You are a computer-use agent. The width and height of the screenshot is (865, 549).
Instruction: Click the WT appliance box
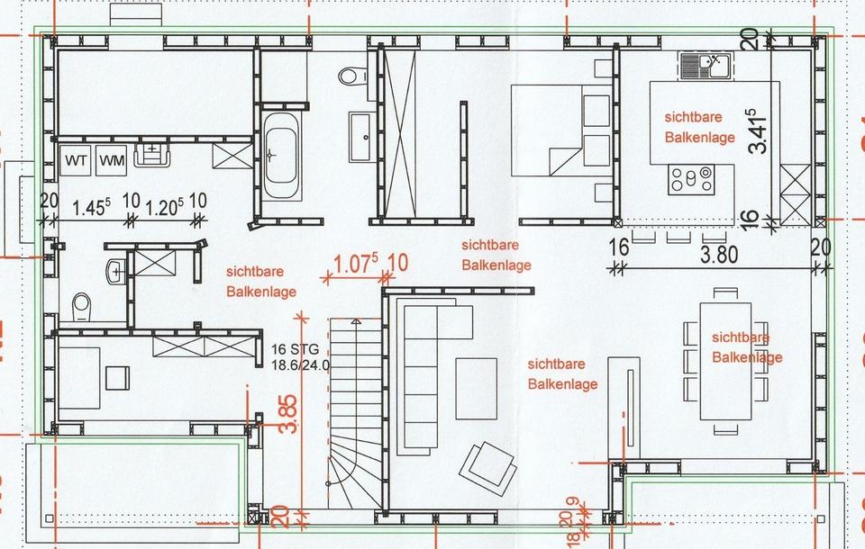[x=76, y=160]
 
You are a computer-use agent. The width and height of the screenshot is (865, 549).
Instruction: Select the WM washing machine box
[x=112, y=160]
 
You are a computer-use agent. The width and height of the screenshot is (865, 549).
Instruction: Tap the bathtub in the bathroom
[x=281, y=156]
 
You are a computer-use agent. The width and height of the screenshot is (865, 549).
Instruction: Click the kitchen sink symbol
[x=706, y=66]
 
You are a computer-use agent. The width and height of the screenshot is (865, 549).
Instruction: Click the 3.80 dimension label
[x=719, y=255]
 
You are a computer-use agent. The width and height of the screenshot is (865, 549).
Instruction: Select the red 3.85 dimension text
[x=288, y=413]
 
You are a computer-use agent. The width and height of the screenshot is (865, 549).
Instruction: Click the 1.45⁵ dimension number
[x=91, y=207]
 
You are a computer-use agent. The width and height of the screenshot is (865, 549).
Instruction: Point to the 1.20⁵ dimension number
[x=164, y=207]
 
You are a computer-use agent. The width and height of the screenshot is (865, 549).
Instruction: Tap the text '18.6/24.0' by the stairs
[x=301, y=364]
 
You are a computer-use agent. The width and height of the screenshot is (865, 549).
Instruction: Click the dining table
[x=725, y=361]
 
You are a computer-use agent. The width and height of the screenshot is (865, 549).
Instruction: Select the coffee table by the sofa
[x=476, y=389]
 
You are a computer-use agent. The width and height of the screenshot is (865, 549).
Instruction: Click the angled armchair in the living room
[x=487, y=466]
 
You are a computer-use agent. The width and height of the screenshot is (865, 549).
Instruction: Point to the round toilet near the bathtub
[x=353, y=76]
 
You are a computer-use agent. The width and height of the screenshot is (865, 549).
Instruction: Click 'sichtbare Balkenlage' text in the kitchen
[x=699, y=127]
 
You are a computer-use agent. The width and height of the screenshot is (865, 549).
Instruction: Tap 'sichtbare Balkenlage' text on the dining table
[x=747, y=347]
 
